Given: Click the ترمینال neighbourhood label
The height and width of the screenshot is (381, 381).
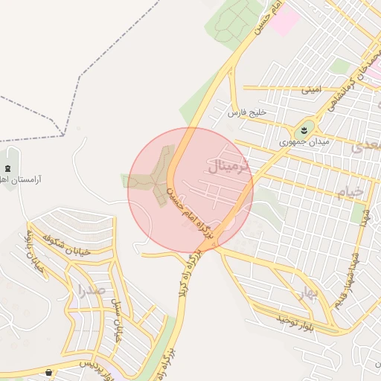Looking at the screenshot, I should click(x=234, y=166).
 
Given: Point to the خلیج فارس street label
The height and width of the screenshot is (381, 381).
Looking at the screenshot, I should click(x=246, y=112).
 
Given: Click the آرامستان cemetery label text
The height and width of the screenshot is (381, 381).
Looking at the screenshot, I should click(x=21, y=180).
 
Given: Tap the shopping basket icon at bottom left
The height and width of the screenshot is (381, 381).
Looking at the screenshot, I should click(x=50, y=371).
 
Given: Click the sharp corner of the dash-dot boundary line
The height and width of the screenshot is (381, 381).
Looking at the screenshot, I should click(x=63, y=136).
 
